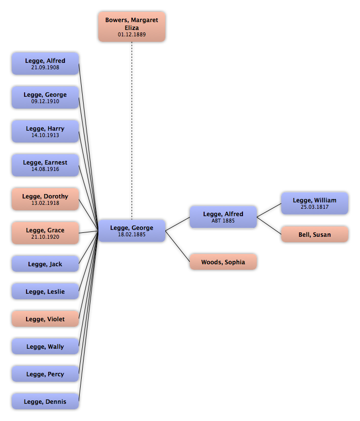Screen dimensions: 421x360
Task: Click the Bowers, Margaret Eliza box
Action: click(x=132, y=27)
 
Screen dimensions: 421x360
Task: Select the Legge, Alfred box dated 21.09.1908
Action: click(x=45, y=64)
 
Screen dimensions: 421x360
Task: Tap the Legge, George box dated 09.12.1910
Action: click(x=45, y=98)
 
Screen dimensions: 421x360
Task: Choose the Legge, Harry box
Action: click(x=45, y=132)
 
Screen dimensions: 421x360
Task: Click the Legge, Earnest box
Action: click(x=45, y=166)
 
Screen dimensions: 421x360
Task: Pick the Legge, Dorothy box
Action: click(x=45, y=199)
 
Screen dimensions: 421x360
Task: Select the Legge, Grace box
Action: click(x=45, y=233)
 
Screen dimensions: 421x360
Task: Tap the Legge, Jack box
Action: click(x=45, y=264)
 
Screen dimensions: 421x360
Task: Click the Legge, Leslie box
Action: click(x=45, y=292)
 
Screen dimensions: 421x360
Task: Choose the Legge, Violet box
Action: click(x=45, y=319)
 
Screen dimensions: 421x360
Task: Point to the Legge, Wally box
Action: click(x=45, y=347)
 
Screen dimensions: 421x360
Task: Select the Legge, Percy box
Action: click(x=45, y=374)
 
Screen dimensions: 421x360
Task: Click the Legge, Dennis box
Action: click(x=45, y=402)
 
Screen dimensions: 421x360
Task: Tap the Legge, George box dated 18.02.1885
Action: click(x=132, y=231)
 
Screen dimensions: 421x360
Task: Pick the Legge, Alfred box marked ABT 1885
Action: click(x=223, y=217)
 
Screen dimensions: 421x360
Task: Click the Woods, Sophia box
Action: click(x=223, y=262)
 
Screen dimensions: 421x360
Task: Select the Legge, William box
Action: click(x=315, y=203)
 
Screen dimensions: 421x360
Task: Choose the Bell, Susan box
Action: click(x=315, y=235)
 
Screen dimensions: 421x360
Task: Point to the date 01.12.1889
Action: click(x=132, y=35)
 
